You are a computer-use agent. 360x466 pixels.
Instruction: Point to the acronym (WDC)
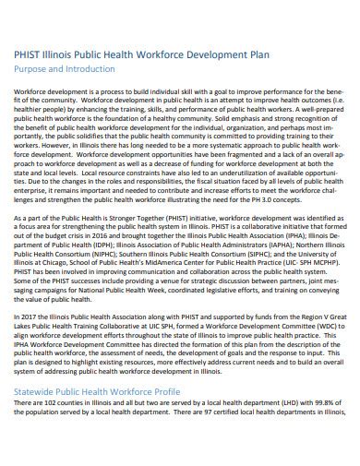pyautogui.click(x=324, y=350)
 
